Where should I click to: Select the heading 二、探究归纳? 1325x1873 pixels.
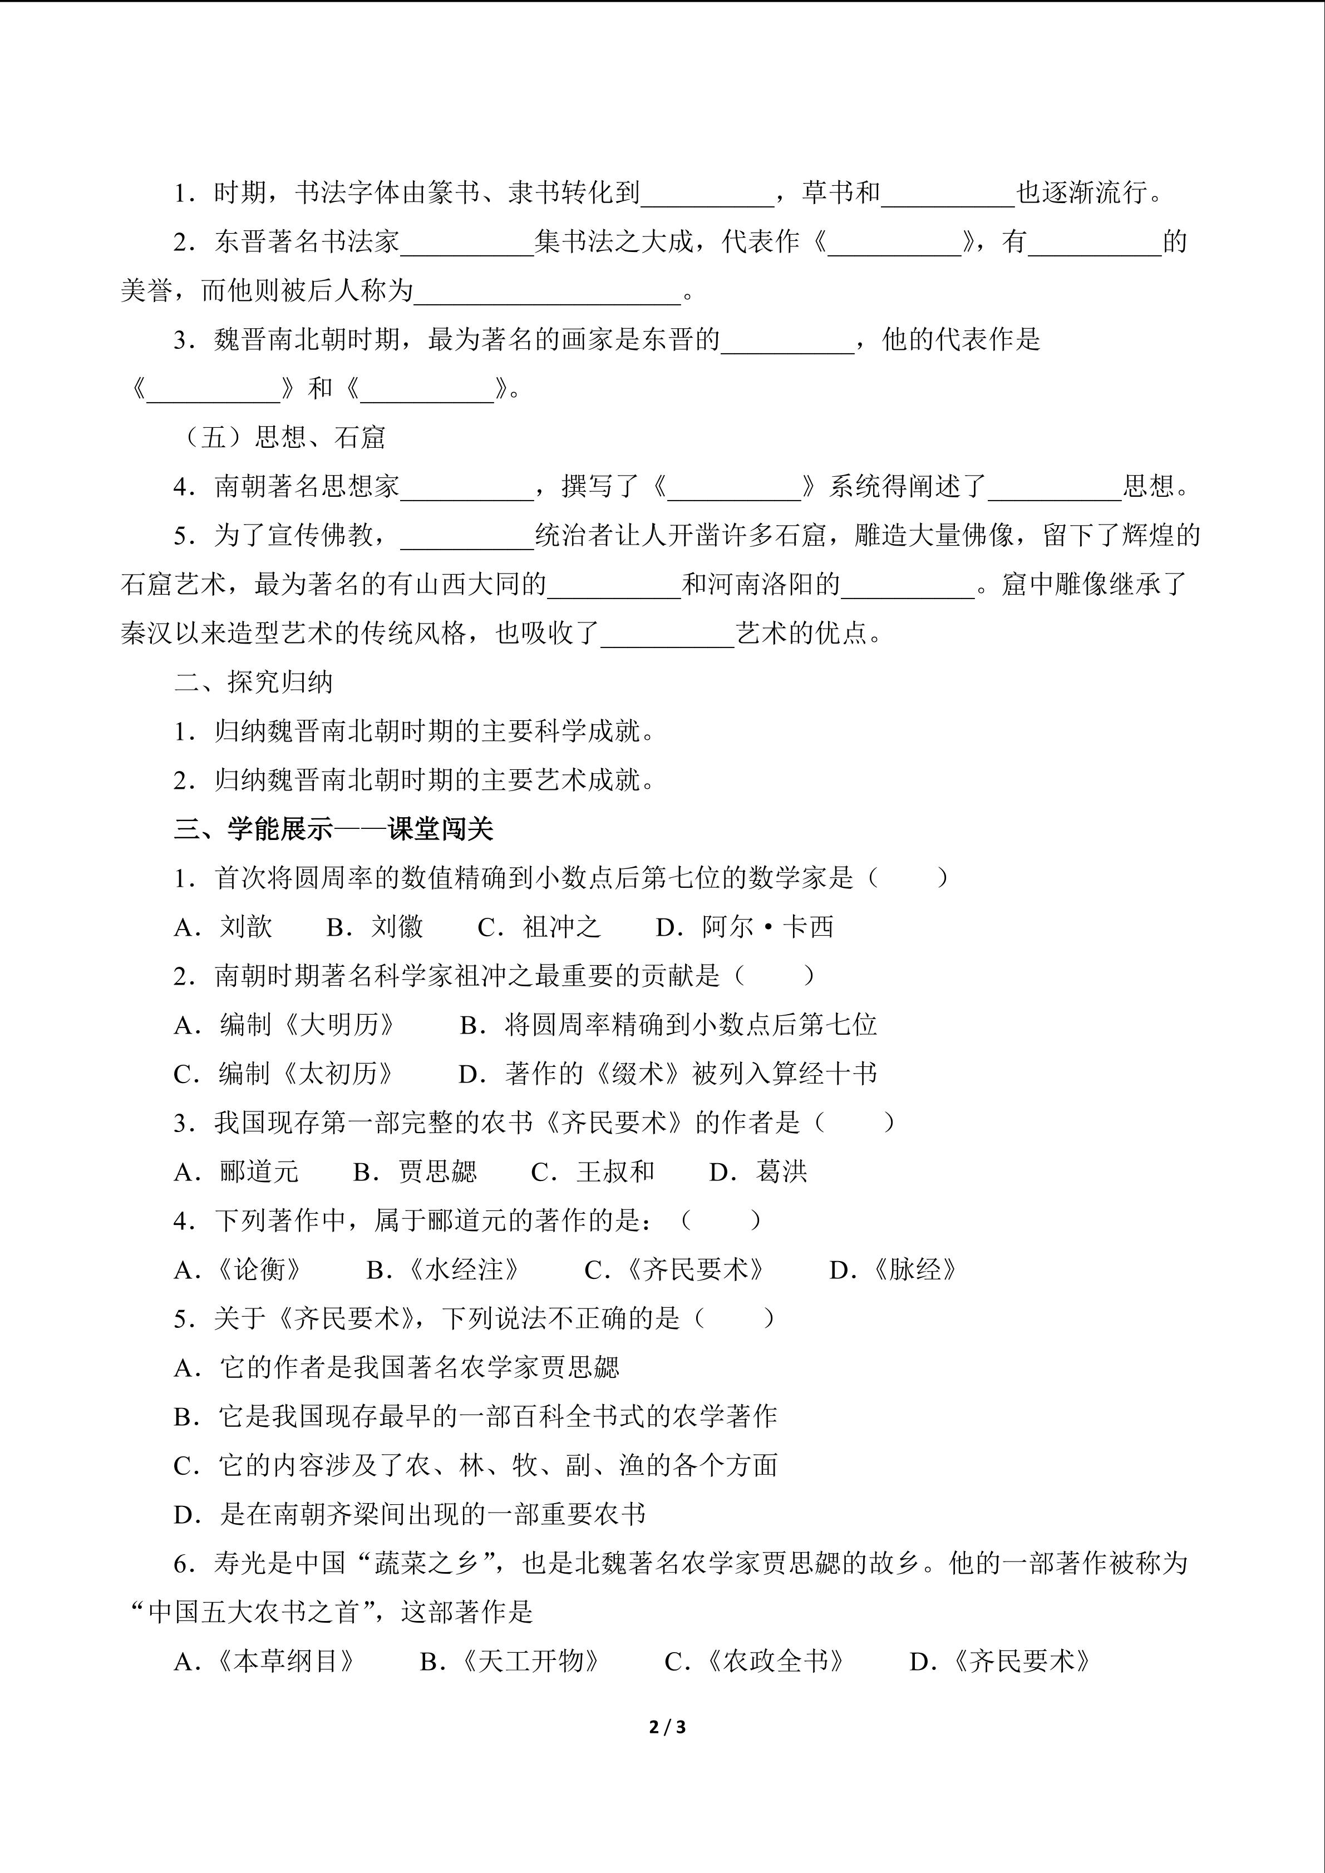253,682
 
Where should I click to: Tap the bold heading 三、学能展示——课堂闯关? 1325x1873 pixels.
334,829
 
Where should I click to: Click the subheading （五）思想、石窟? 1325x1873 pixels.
282,437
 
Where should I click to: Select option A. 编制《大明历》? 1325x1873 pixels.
285,1025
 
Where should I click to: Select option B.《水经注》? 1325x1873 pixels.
444,1270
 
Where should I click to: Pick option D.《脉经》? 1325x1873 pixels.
893,1270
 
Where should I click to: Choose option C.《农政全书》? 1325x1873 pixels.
755,1662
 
